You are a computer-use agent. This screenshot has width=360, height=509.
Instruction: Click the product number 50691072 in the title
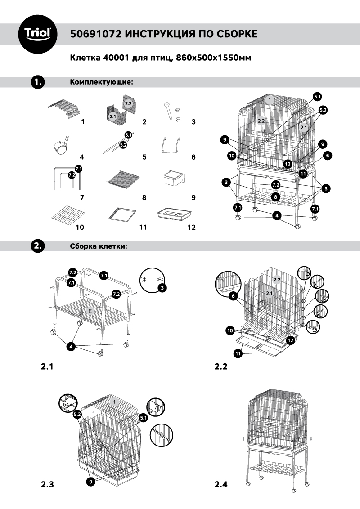pos(94,34)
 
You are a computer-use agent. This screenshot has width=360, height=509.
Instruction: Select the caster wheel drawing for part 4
pos(62,144)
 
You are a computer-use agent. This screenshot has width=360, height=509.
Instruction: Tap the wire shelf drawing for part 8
pos(120,180)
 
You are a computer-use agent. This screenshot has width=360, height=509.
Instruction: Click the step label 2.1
pos(47,366)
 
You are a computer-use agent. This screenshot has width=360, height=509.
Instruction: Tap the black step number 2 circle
pos(37,246)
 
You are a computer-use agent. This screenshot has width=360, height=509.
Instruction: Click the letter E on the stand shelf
pos(90,311)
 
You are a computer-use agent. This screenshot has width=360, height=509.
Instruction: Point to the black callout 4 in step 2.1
pos(71,346)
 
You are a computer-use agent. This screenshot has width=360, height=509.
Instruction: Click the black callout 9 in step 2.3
pos(92,481)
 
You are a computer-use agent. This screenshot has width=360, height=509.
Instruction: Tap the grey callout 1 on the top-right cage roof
pos(269,99)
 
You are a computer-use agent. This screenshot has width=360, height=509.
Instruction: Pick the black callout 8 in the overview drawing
pos(275,196)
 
